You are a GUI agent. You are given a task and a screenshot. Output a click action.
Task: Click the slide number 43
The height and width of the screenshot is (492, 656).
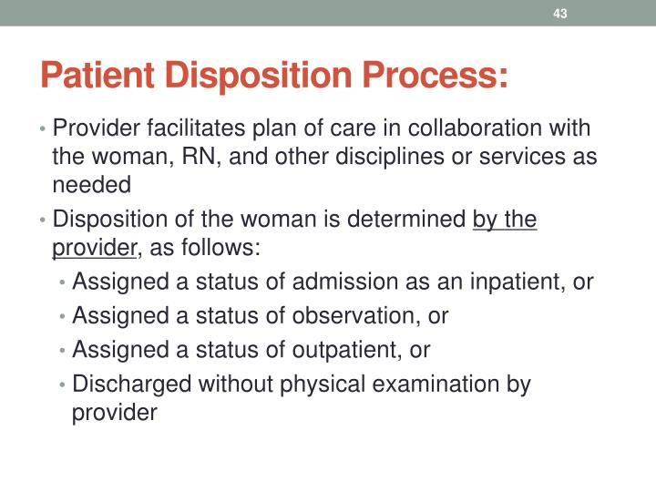coord(560,14)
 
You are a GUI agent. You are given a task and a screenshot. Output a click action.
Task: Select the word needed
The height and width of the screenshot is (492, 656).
coord(92,184)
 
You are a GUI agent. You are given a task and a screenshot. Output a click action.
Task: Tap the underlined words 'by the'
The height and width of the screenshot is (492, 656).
coord(505,220)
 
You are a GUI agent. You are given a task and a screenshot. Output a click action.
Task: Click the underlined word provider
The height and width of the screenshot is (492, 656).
coord(94,248)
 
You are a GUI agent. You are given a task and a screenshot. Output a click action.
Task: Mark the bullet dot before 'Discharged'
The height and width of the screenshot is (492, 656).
coord(62,384)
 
